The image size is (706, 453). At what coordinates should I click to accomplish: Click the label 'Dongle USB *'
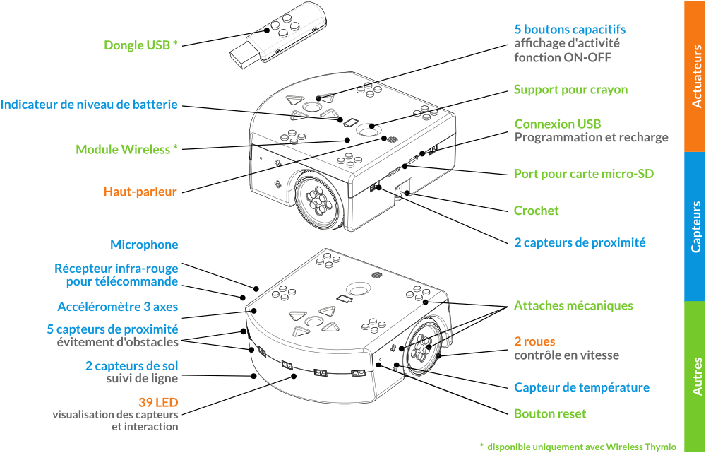[x=140, y=45]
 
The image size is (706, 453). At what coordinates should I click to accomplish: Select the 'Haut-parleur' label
[x=140, y=192]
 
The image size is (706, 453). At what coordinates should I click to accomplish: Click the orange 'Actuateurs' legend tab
[x=695, y=76]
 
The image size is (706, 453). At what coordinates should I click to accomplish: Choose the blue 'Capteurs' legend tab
[x=695, y=226]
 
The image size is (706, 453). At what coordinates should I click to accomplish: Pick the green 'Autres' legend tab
[x=695, y=377]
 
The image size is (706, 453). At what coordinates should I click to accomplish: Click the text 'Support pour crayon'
[x=571, y=90]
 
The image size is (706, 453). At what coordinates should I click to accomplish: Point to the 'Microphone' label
[x=144, y=245]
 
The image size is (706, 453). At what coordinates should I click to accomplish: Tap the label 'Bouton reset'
[x=550, y=414]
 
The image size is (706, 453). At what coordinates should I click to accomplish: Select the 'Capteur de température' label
[x=582, y=387]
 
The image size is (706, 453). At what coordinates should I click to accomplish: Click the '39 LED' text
[x=158, y=402]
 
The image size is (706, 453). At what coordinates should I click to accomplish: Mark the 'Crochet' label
[x=537, y=211]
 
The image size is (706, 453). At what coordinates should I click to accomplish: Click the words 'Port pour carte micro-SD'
[x=584, y=174]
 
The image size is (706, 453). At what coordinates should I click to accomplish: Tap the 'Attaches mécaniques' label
[x=573, y=305]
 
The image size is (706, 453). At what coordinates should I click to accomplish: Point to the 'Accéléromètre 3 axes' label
[x=117, y=307]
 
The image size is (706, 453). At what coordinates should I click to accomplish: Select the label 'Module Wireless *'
[x=126, y=149]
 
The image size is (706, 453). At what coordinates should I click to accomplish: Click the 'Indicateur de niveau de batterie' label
[x=89, y=105]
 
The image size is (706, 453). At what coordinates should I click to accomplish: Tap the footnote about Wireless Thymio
[x=578, y=447]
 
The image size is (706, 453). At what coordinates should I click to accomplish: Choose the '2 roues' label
[x=534, y=341]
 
